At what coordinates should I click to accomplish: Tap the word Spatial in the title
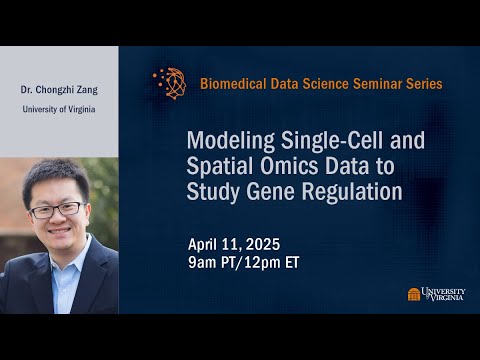point(220,165)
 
